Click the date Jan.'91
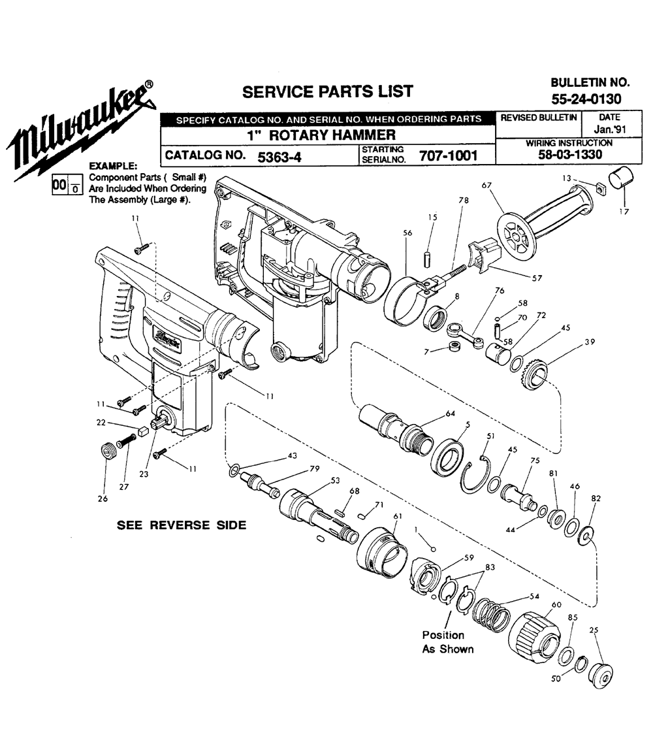coord(611,129)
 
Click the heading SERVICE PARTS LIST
coord(327,91)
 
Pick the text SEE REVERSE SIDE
coord(181,525)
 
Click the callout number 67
coord(486,186)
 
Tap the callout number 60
coord(556,605)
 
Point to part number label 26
coord(103,499)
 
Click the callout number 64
coord(451,413)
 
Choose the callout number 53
coord(336,480)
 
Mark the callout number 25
coord(594,630)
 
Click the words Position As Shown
coord(447,642)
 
